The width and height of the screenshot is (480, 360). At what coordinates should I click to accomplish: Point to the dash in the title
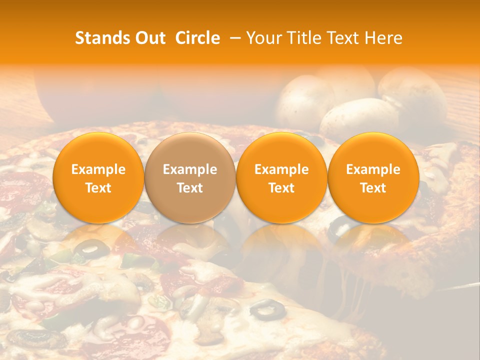click(x=234, y=38)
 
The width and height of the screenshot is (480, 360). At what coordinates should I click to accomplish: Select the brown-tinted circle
click(x=190, y=177)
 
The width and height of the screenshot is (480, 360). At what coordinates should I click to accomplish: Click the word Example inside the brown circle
click(x=190, y=170)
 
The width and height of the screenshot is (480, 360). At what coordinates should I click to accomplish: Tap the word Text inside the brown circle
click(x=190, y=188)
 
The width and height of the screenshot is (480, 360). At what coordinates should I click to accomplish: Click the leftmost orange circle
click(x=98, y=177)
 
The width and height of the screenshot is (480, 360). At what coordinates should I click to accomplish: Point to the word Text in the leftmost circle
click(x=98, y=188)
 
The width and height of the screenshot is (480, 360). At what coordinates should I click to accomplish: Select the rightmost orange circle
click(x=373, y=177)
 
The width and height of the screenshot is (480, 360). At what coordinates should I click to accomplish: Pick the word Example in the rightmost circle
click(x=373, y=170)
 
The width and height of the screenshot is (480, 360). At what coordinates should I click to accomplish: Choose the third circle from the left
click(x=281, y=177)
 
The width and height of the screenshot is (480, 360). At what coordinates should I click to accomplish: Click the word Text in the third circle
click(x=281, y=188)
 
